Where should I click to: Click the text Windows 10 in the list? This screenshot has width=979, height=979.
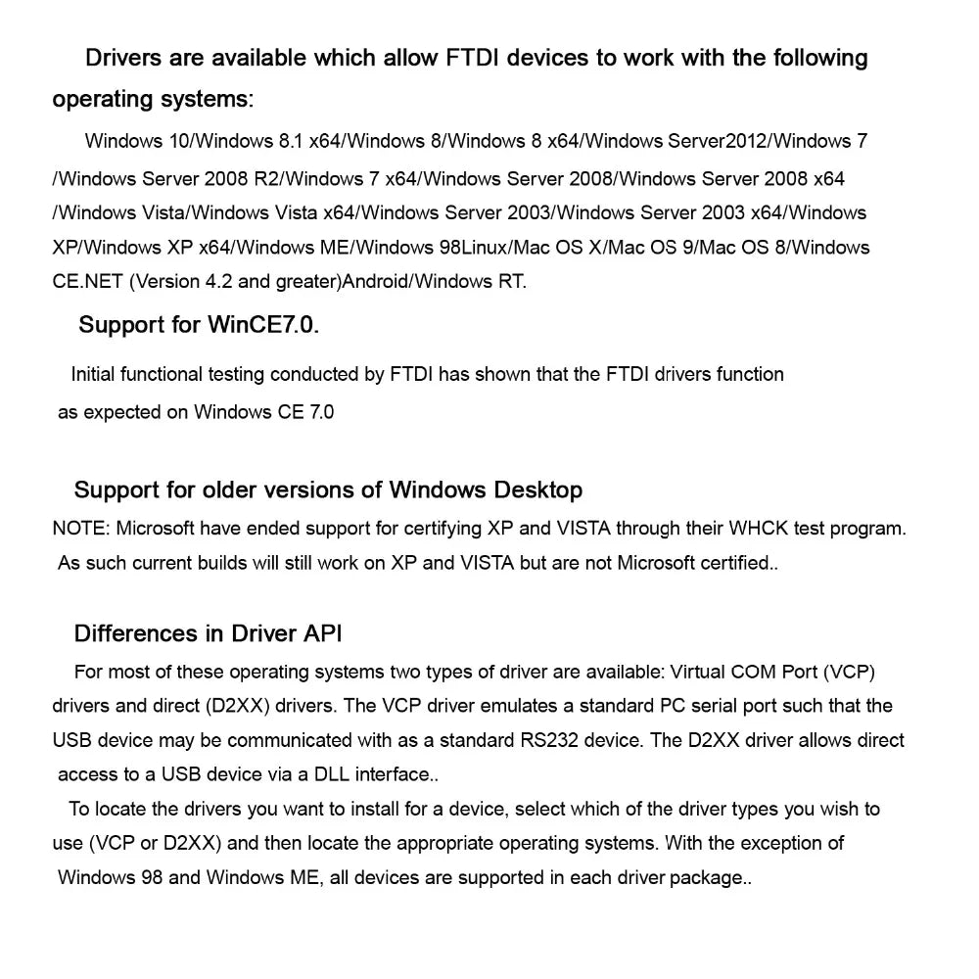point(137,141)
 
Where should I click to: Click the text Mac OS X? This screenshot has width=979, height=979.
point(568,248)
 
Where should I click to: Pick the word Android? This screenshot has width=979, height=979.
point(376,282)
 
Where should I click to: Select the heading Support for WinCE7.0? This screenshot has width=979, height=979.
point(199,325)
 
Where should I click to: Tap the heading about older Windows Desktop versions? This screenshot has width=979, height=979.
point(328,489)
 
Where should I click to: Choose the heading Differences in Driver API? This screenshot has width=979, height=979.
point(208,633)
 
